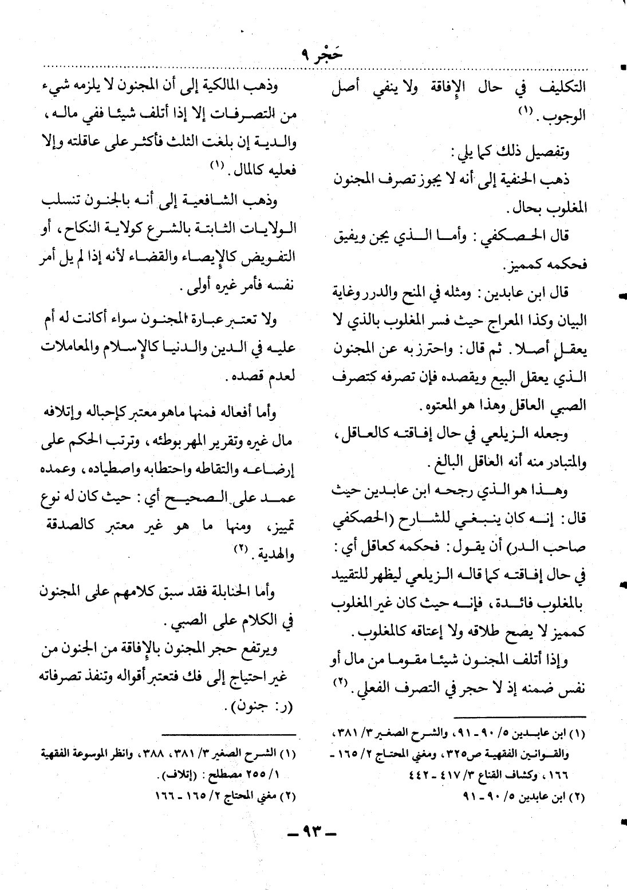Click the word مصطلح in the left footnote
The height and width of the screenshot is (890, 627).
click(x=216, y=776)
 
